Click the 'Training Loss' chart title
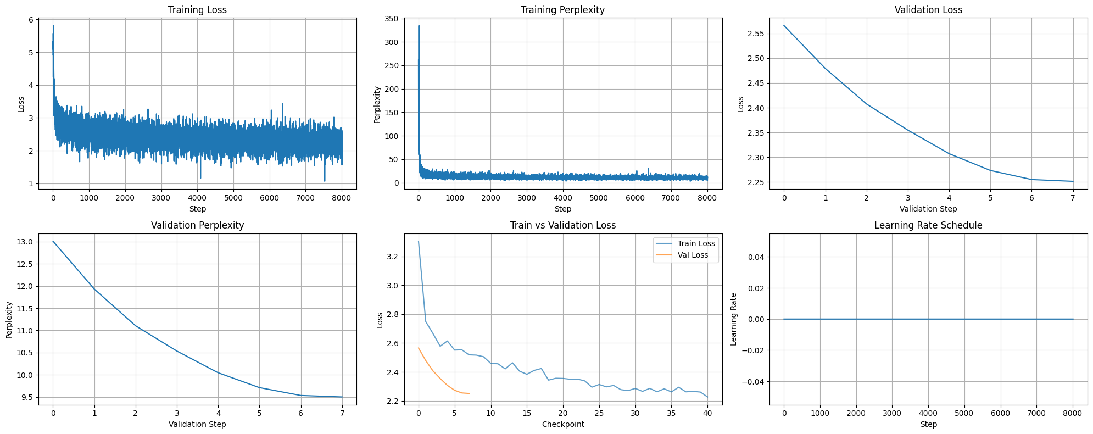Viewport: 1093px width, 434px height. tap(197, 10)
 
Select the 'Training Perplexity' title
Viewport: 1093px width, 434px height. tap(562, 10)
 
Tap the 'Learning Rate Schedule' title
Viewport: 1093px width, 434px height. tap(928, 225)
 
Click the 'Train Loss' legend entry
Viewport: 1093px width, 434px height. tap(696, 243)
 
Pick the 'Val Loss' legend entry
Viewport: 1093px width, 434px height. tap(693, 255)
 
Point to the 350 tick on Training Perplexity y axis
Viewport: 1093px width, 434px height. tap(392, 19)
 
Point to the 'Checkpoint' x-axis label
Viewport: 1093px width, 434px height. tap(562, 424)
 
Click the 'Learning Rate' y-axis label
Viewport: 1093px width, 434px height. tap(734, 319)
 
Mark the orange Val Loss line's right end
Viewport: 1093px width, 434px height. tap(469, 393)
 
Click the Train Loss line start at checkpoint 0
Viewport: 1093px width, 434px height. tap(419, 241)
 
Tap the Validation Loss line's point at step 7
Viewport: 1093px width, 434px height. tap(1073, 181)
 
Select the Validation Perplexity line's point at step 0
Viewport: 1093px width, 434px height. tap(53, 241)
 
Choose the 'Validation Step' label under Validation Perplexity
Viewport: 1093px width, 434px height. tap(197, 424)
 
